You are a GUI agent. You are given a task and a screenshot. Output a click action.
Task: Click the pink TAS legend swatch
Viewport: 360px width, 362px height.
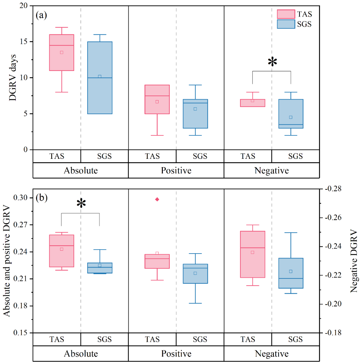286,14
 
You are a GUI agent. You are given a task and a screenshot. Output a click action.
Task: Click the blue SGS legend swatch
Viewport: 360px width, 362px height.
286,24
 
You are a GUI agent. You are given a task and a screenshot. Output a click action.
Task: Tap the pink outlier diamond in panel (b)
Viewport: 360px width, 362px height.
157,199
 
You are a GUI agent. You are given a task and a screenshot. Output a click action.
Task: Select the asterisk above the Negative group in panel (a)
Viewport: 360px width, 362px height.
272,62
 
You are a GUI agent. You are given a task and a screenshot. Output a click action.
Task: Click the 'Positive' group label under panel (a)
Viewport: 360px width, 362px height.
176,170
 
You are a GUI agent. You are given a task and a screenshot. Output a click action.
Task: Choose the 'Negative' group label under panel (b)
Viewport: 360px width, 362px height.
272,353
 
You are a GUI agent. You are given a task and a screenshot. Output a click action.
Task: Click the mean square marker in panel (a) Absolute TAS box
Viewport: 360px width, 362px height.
62,52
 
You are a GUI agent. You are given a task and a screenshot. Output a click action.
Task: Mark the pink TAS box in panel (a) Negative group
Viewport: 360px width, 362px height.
253,103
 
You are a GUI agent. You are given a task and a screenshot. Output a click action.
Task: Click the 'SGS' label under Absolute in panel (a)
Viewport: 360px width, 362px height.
105,156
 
